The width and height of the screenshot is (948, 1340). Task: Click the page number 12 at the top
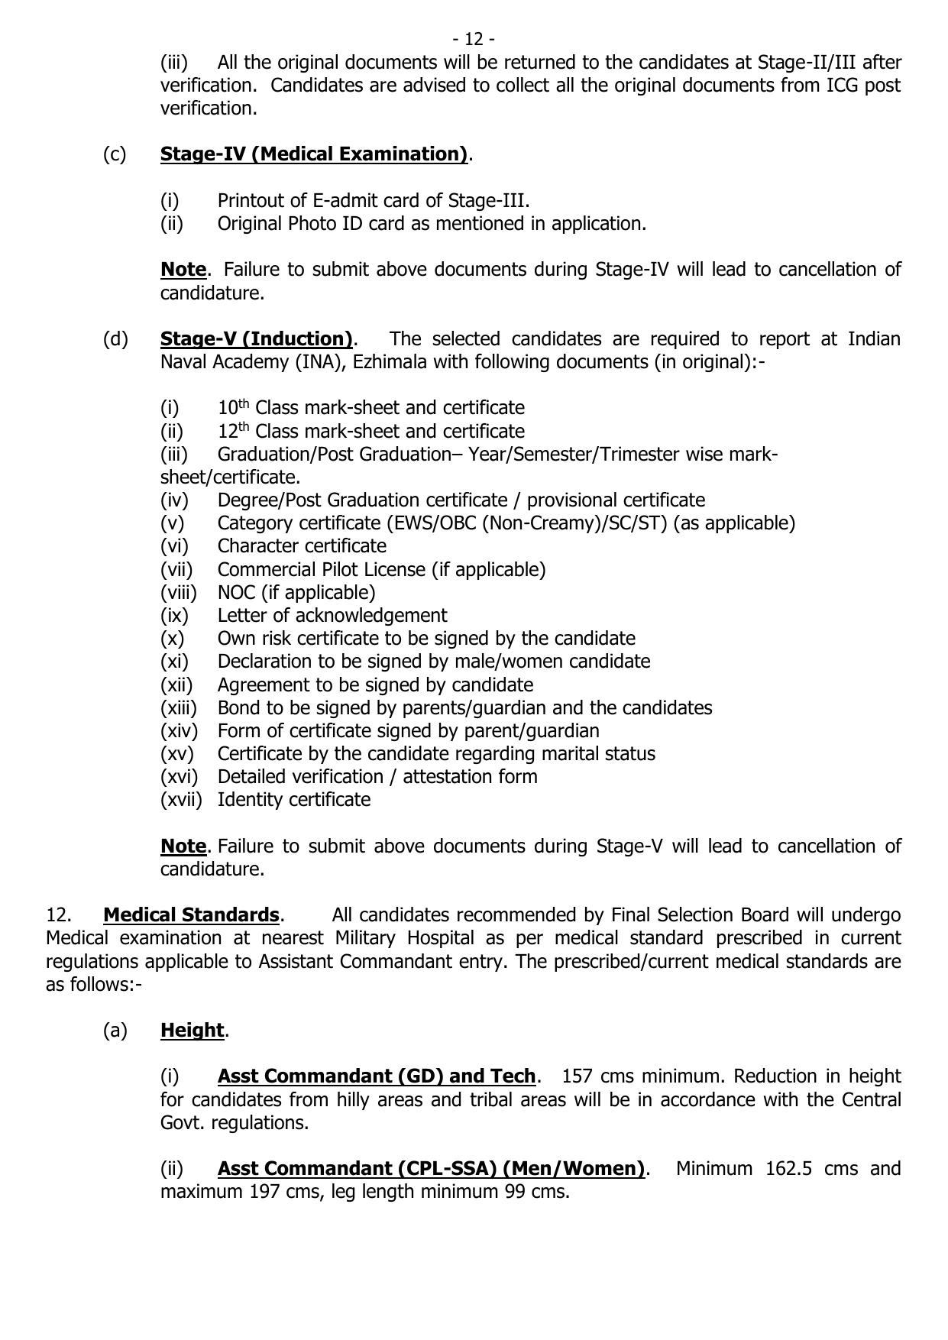474,38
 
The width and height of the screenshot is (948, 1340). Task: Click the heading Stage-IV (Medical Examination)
313,154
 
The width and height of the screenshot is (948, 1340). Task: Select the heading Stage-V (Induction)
256,338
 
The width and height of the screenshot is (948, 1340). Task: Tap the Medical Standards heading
191,914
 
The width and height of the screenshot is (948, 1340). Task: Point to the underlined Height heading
192,1030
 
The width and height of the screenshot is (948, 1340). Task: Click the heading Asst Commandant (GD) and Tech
376,1076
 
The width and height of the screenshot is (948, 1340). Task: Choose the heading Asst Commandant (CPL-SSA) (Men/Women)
431,1168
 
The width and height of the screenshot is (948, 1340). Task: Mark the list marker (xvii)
181,799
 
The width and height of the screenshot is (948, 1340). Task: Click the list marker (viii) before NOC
179,592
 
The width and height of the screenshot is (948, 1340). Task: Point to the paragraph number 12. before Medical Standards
59,914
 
